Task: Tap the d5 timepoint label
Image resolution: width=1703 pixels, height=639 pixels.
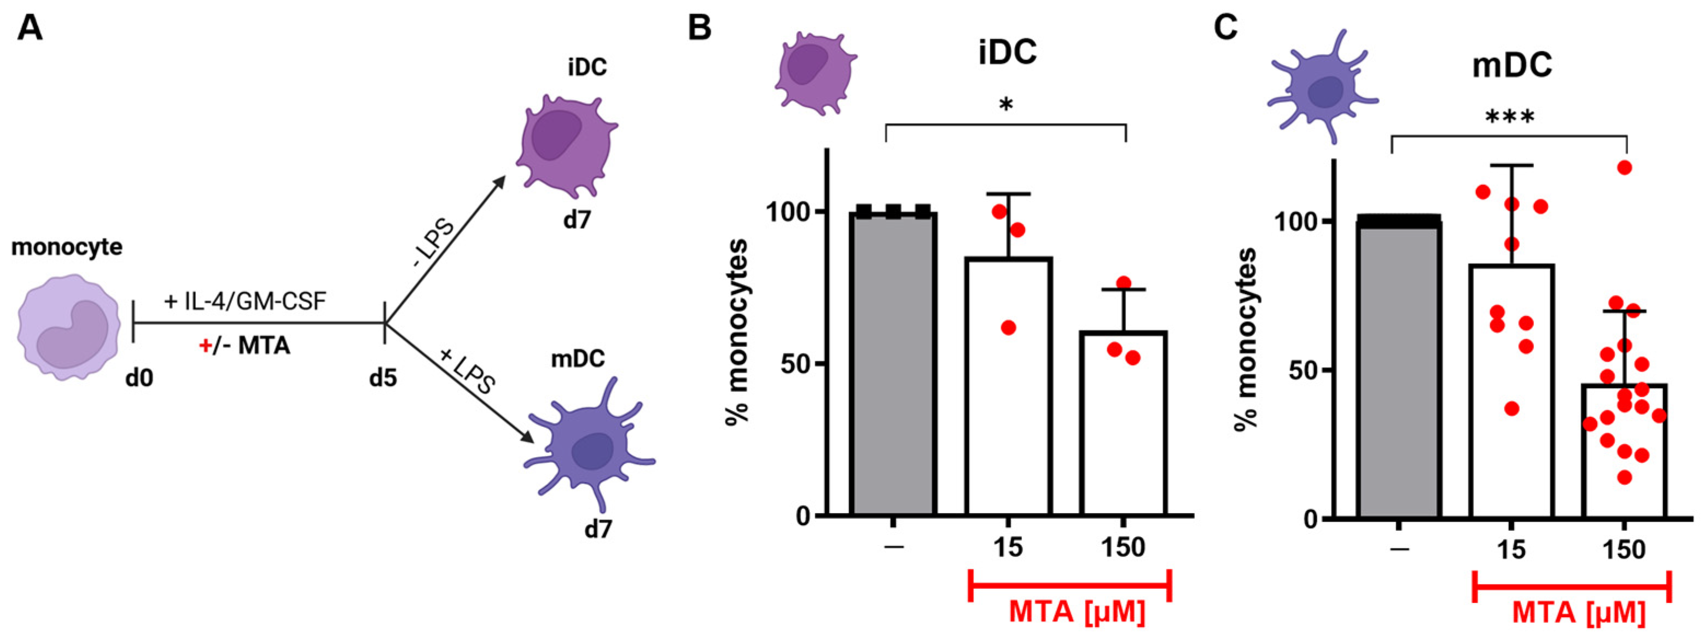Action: click(x=383, y=378)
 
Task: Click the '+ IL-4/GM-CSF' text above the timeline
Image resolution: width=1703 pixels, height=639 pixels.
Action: click(x=245, y=301)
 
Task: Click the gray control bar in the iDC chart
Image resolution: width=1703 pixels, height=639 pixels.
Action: click(x=892, y=363)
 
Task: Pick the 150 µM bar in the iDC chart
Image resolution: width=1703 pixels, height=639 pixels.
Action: click(x=1123, y=423)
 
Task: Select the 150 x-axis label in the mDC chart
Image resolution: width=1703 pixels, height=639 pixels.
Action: click(x=1624, y=550)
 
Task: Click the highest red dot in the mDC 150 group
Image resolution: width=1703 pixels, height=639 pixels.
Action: click(x=1625, y=168)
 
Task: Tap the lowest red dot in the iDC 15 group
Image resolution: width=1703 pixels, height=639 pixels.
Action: click(x=1008, y=328)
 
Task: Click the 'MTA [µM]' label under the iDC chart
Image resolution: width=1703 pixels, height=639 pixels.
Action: click(x=1076, y=612)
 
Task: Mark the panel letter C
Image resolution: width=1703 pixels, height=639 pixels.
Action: click(x=1227, y=28)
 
